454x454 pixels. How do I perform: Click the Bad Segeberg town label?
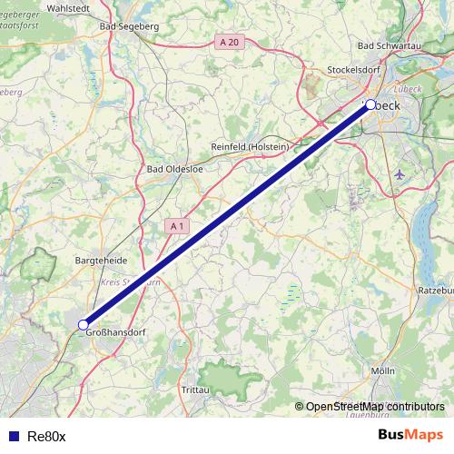pos(129,27)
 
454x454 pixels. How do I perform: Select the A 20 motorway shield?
pos(229,42)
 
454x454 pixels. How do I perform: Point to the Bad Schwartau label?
pos(390,45)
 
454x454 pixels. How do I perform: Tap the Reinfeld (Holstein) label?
pos(250,147)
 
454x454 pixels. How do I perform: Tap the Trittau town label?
pos(194,390)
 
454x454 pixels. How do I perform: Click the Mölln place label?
pos(383,371)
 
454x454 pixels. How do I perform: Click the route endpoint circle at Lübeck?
pos(370,104)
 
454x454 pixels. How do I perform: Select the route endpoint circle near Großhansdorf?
pos(83,324)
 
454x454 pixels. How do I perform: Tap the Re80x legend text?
pos(46,436)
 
